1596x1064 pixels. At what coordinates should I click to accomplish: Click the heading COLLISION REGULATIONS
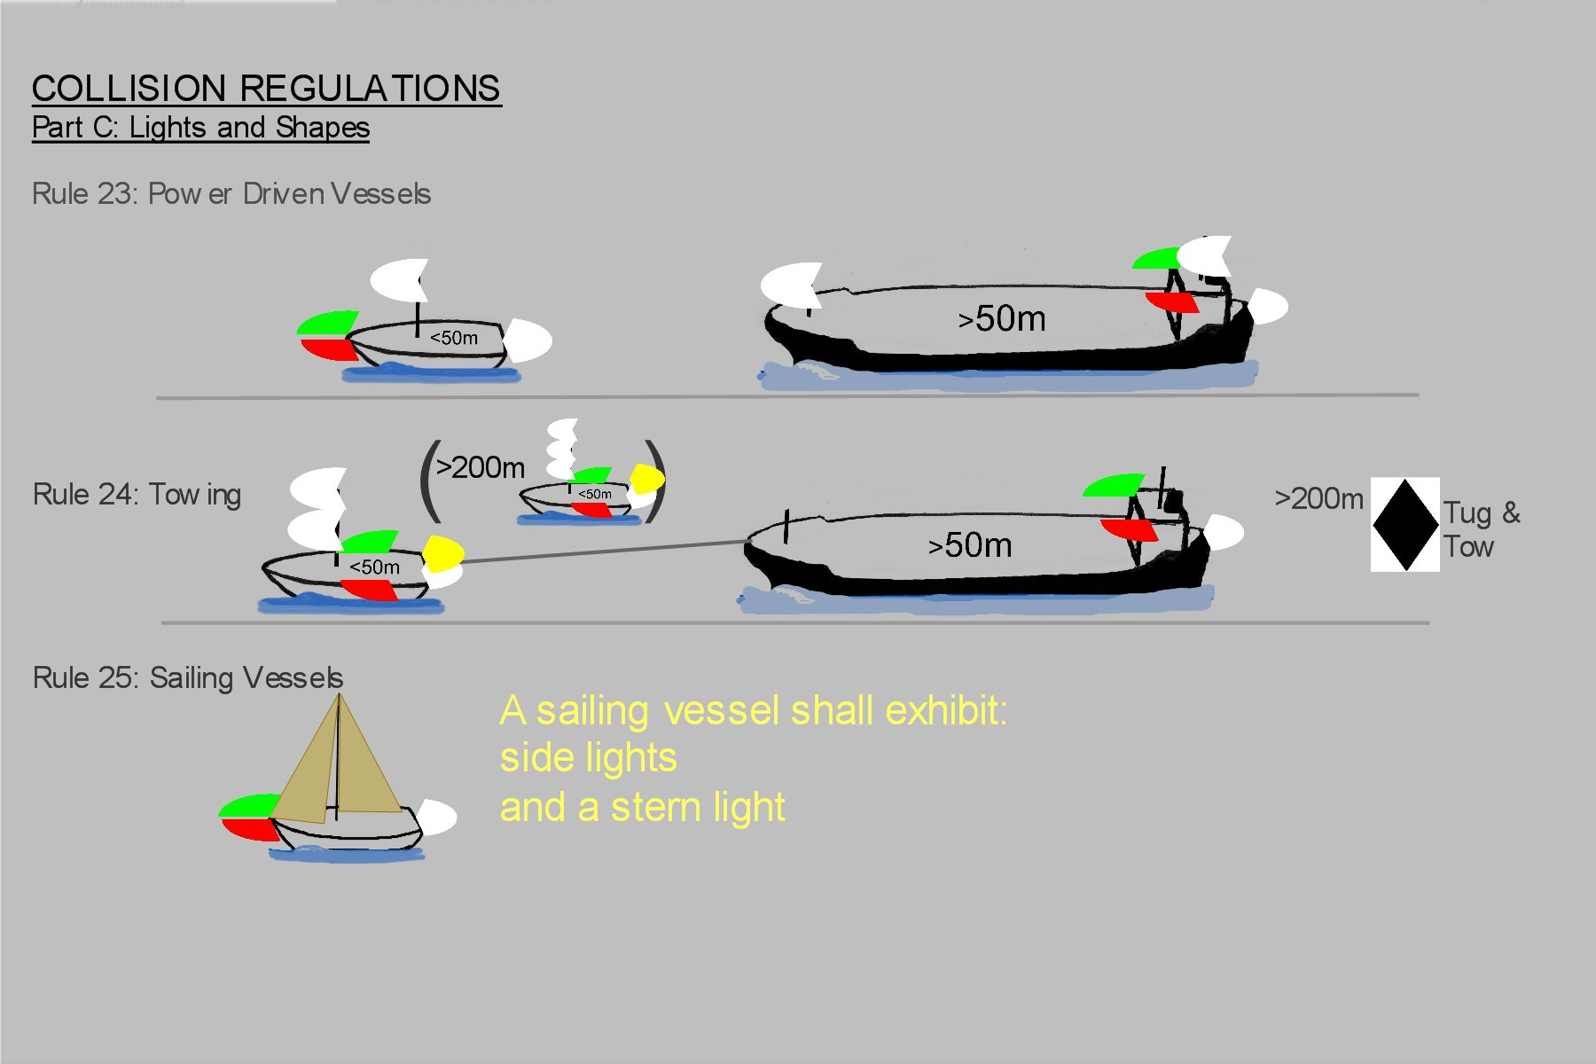coord(266,89)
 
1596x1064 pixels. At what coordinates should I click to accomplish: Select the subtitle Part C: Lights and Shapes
coord(200,128)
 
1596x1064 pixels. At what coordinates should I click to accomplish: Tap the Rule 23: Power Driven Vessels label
coord(231,194)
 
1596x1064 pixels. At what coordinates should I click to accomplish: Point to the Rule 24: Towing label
coord(137,494)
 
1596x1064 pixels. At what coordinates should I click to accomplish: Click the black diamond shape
coord(1405,525)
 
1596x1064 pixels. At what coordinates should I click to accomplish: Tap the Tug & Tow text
coord(1480,529)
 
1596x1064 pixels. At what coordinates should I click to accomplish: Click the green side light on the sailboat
coord(246,805)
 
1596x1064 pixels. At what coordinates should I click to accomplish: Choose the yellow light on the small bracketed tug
coord(647,479)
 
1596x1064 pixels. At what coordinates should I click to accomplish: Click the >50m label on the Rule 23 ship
coord(1002,319)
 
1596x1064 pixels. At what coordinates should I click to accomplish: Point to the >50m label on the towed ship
coord(970,545)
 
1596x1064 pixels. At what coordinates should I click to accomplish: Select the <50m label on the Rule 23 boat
coord(453,338)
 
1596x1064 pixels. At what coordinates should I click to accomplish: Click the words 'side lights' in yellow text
coord(589,758)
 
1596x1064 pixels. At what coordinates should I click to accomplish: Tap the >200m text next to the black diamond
coord(1318,499)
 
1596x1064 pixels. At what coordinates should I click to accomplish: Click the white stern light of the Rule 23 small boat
coord(527,340)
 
